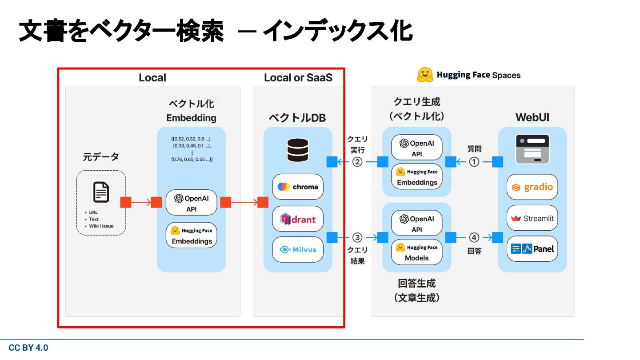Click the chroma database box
[x=298, y=187]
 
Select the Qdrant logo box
[x=298, y=219]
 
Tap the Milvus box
[x=298, y=249]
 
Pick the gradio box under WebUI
[x=532, y=187]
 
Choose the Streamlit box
[x=532, y=218]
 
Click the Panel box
[x=532, y=248]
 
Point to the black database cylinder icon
[x=298, y=150]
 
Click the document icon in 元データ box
[x=101, y=192]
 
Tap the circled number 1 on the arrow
[x=474, y=162]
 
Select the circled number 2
[x=357, y=162]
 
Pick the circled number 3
[x=357, y=237]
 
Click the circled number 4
[x=474, y=237]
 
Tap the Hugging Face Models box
[x=417, y=252]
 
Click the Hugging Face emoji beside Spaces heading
[x=425, y=75]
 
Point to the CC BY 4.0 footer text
[x=28, y=348]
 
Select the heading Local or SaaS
[x=298, y=77]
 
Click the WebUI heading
[x=532, y=117]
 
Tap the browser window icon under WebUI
[x=532, y=149]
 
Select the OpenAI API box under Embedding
[x=192, y=203]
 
